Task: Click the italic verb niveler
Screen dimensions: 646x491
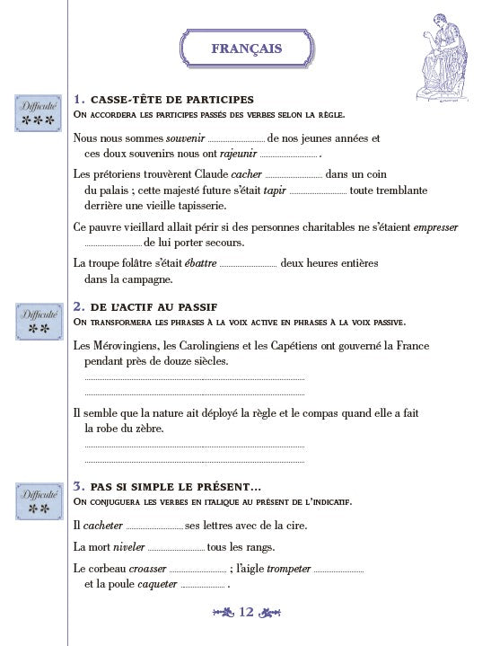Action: pos(125,546)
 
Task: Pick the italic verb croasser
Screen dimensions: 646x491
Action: pos(147,568)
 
